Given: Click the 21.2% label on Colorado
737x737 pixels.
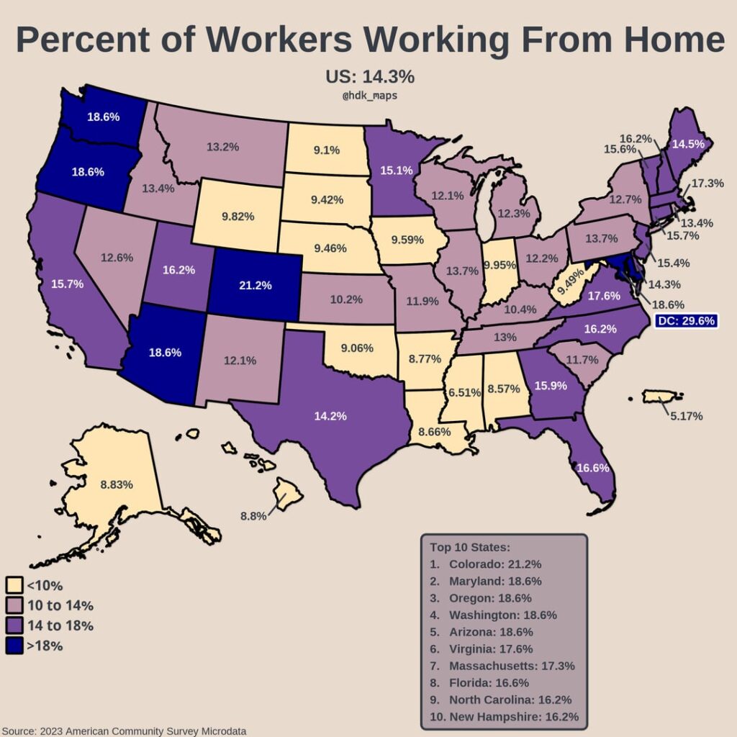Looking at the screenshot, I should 255,285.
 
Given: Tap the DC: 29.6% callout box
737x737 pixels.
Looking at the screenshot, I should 687,321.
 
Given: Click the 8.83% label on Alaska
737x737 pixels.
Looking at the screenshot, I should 117,484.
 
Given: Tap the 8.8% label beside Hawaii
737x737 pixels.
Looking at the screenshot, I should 253,515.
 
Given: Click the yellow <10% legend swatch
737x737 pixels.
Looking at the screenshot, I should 14,585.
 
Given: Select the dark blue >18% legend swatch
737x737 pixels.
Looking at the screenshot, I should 14,646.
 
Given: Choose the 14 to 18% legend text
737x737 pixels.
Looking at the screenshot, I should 60,625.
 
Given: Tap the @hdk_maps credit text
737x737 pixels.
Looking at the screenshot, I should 369,95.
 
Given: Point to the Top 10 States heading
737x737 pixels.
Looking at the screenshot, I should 470,546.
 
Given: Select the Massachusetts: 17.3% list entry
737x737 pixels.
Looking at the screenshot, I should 511,666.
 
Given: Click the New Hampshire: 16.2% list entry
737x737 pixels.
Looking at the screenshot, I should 513,717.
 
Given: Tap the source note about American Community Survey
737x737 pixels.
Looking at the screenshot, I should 124,731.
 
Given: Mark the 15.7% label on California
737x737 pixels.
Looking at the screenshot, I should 68,284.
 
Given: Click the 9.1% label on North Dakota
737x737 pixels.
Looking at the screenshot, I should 327,150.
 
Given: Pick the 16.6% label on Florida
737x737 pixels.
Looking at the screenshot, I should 594,467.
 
